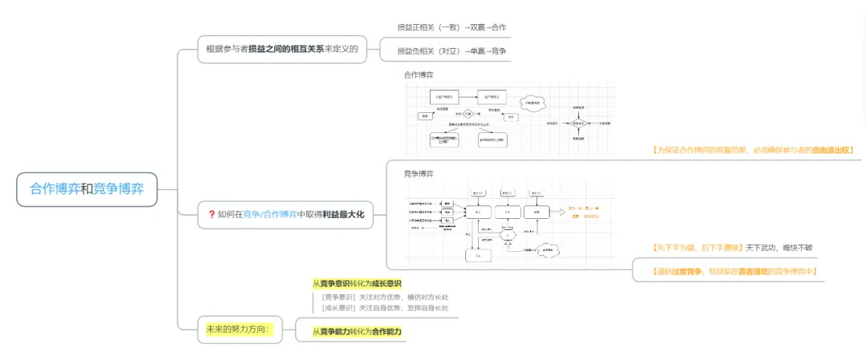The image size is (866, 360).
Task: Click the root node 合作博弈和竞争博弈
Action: (87, 189)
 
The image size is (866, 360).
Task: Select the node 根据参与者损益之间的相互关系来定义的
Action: (281, 49)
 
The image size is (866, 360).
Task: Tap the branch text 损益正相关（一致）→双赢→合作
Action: (451, 27)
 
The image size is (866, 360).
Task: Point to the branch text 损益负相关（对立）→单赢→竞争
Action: (451, 51)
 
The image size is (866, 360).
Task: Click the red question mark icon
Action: (211, 214)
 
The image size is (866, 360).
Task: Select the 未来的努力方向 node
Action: (240, 329)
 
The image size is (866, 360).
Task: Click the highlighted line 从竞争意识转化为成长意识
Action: (357, 283)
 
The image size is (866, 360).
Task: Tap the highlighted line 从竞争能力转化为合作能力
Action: (357, 331)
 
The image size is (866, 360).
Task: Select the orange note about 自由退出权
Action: (755, 149)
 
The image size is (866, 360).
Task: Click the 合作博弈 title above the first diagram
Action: (419, 75)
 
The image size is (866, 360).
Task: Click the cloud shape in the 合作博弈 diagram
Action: (533, 103)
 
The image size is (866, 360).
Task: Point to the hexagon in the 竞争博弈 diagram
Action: (507, 234)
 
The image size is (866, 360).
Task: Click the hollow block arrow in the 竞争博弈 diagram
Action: (559, 211)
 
